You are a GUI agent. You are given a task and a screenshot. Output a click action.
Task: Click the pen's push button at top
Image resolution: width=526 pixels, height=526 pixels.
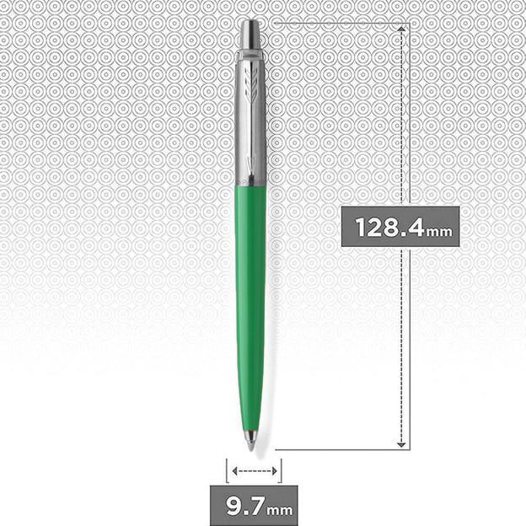coord(250,35)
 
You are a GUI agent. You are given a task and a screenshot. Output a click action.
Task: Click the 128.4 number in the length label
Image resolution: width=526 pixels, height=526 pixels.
coord(389,227)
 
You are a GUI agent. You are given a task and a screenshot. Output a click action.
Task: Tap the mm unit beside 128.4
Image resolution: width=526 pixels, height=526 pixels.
coord(439,232)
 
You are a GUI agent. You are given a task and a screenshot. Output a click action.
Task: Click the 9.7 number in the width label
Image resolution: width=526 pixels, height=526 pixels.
coord(245,506)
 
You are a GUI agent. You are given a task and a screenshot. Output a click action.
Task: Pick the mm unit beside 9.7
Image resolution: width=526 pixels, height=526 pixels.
coord(280,511)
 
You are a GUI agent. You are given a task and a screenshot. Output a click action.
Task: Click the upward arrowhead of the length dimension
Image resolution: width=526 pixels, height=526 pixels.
coord(401,29)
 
